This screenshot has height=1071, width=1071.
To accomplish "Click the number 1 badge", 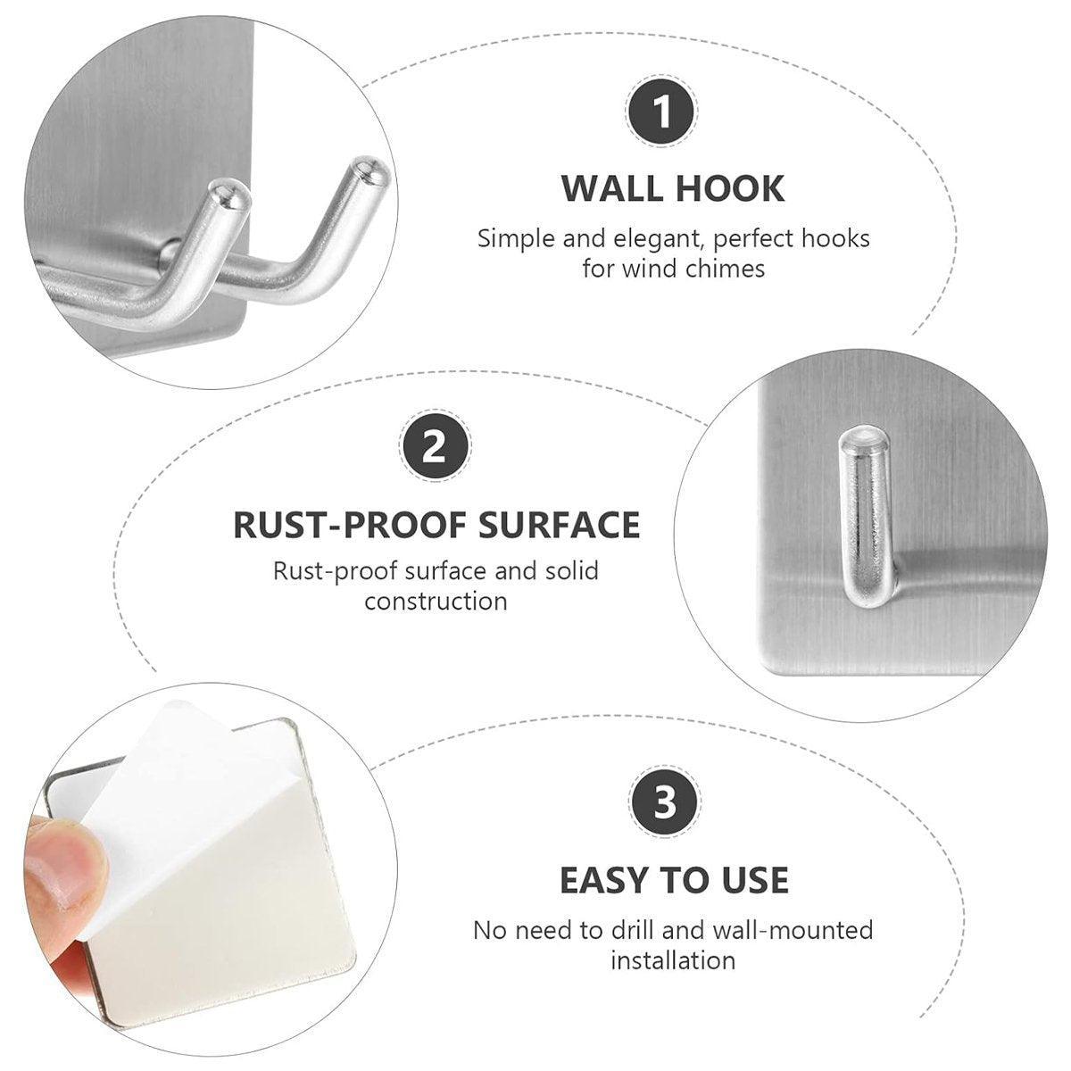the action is [x=661, y=112].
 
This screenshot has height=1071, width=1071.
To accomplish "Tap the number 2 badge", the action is [x=436, y=446].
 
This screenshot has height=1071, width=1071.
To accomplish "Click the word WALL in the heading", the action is [x=608, y=188].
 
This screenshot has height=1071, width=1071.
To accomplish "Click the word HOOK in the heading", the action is [x=730, y=188].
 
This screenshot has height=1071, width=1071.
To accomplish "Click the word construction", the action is [x=436, y=602].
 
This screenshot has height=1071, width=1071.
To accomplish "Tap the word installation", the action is [x=673, y=960].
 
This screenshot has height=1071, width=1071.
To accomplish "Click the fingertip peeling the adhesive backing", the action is [x=64, y=859].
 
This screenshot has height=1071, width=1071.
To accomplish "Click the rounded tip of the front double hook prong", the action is [x=231, y=198].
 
